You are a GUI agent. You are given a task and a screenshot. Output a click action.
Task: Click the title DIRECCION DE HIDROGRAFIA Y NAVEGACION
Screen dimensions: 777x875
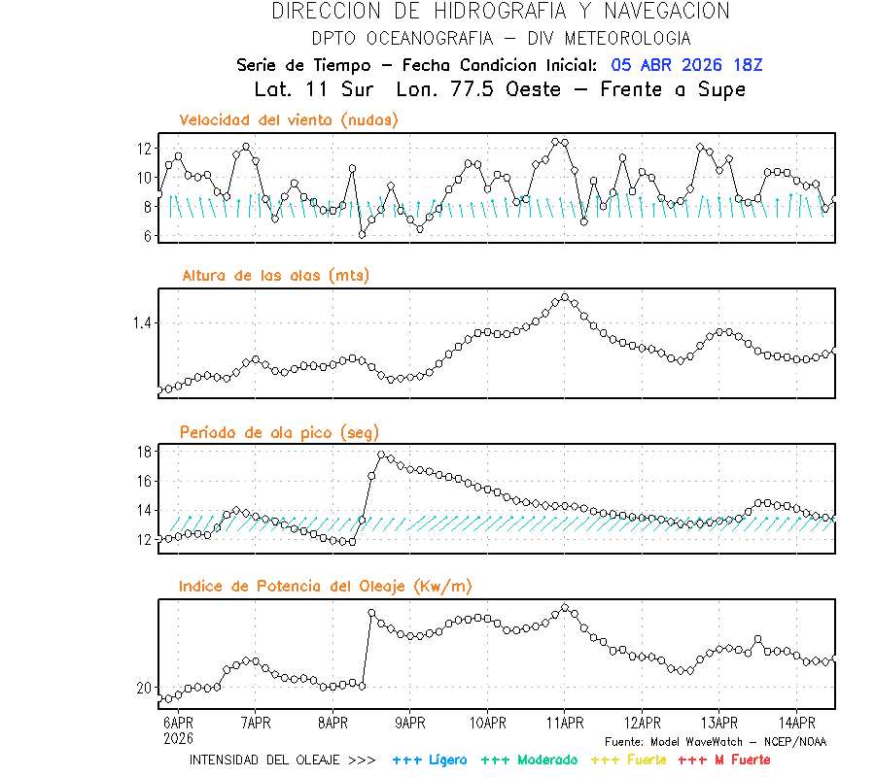point(501,12)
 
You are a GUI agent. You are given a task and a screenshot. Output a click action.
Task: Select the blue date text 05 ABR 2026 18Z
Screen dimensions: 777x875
point(687,65)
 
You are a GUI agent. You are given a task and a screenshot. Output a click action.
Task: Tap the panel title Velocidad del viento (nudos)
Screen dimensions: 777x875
point(289,120)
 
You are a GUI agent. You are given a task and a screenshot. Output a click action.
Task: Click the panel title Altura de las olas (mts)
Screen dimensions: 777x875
point(275,276)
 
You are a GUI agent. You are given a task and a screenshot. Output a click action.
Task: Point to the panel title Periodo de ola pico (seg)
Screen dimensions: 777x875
point(279,432)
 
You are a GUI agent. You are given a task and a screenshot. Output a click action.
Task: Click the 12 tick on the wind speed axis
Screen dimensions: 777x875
point(144,149)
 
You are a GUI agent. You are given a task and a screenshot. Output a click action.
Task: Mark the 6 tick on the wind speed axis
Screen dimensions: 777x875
point(147,236)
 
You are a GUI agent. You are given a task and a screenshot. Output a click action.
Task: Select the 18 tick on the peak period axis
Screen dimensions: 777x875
point(144,452)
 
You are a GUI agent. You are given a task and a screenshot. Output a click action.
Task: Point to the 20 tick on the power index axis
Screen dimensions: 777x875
point(144,688)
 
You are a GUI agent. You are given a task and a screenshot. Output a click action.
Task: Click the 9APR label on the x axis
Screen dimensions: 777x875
point(410,723)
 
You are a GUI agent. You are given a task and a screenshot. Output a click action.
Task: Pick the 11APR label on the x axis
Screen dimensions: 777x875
point(565,723)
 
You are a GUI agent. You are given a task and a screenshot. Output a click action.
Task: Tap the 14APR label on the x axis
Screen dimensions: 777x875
point(796,723)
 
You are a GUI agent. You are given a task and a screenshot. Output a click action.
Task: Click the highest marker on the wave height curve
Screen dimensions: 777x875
point(565,297)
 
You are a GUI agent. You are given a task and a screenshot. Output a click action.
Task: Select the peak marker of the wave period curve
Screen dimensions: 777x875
point(382,455)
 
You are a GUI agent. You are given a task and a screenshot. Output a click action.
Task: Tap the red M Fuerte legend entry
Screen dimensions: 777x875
point(724,760)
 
